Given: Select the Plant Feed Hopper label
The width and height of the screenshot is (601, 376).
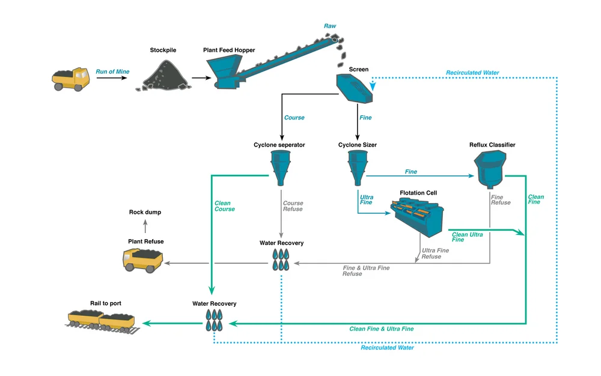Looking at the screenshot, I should coord(229,50).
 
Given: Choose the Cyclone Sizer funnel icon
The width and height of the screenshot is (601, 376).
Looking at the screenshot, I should coord(356,167).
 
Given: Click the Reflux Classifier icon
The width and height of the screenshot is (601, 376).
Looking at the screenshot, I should coord(490,169).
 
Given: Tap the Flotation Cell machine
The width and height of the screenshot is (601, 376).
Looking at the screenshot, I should coord(418,216).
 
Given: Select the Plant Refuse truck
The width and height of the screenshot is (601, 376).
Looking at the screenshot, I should coord(142,260).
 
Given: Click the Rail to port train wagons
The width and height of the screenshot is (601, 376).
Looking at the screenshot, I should coord(102,321).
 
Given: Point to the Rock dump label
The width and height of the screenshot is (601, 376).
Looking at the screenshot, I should coord(145,212).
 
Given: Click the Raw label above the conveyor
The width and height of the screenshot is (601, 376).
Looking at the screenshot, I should coord(330,26).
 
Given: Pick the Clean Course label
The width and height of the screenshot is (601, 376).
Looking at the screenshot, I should coord(225,206).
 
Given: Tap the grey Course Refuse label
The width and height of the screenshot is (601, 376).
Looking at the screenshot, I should coord(293,206).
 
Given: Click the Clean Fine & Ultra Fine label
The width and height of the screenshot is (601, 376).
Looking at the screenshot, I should coord(381,329).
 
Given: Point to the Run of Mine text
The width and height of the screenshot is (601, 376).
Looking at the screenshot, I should coord(112,71).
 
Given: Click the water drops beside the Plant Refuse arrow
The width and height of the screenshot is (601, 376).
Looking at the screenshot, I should coord(281,259).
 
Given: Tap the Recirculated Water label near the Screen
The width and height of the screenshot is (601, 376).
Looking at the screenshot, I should coord(472,73).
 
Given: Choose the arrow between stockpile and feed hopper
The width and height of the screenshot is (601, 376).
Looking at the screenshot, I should coord(201,78).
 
